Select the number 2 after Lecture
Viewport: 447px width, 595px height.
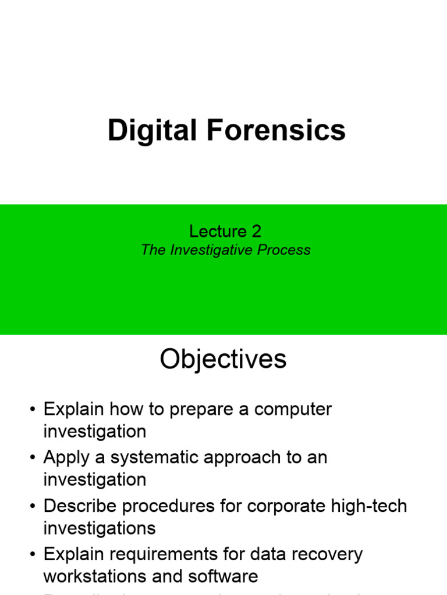[x=256, y=231]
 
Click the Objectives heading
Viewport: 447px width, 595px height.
[x=223, y=359]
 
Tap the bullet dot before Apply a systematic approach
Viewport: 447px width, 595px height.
[x=33, y=458]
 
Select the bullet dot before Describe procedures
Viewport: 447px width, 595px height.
[x=33, y=507]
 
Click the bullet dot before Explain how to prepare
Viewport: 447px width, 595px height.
[x=33, y=410]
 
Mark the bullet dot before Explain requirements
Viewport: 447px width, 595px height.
[x=33, y=555]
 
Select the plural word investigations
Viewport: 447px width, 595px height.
[x=100, y=528]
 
